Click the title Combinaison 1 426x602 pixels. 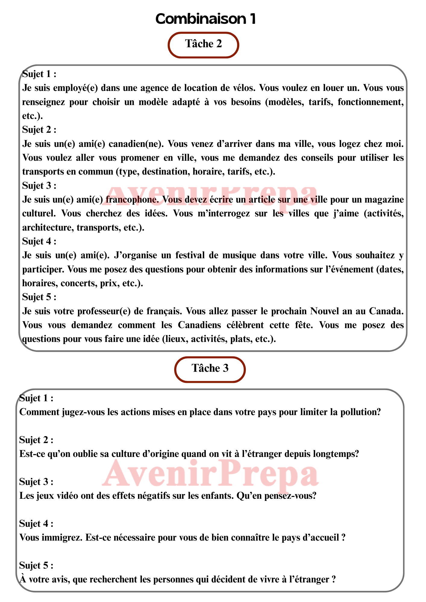pyautogui.click(x=205, y=19)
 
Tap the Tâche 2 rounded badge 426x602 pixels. pyautogui.click(x=203, y=44)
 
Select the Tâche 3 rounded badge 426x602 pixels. pyautogui.click(x=210, y=369)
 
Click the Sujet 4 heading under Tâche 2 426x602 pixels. pyautogui.click(x=39, y=241)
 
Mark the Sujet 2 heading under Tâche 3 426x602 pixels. pyautogui.click(x=36, y=440)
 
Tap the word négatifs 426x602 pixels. pyautogui.click(x=156, y=496)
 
